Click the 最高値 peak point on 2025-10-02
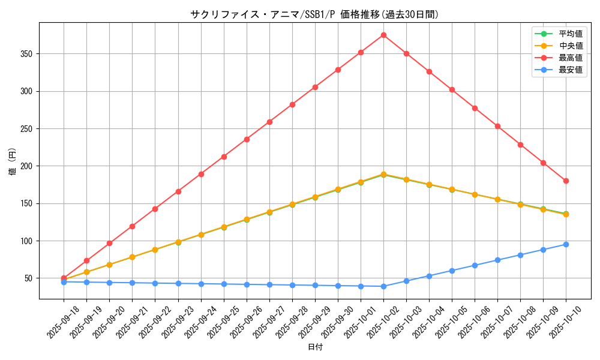pos(383,35)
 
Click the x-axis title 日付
pos(314,347)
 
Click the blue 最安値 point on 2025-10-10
pos(566,244)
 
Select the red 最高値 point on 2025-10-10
pos(566,181)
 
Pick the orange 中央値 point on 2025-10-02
pos(383,174)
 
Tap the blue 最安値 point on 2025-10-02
pos(383,286)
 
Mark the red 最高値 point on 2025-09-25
pos(224,157)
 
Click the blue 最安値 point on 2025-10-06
pos(475,265)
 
